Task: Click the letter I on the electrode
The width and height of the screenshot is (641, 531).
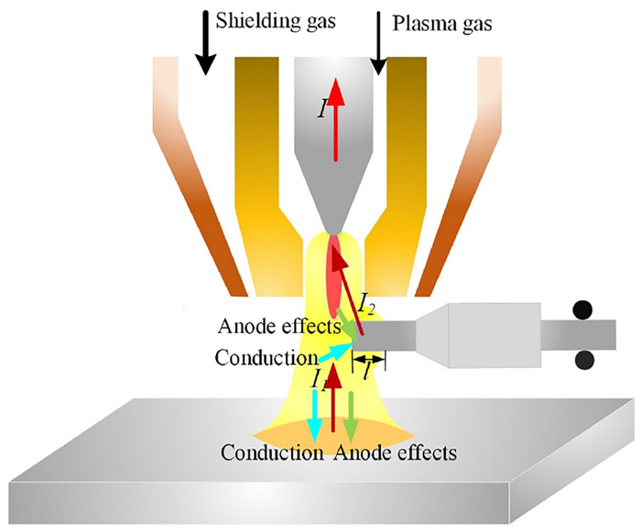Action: pyautogui.click(x=321, y=109)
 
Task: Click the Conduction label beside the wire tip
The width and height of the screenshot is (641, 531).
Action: pyautogui.click(x=266, y=357)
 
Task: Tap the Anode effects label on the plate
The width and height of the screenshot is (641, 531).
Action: pyautogui.click(x=396, y=452)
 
